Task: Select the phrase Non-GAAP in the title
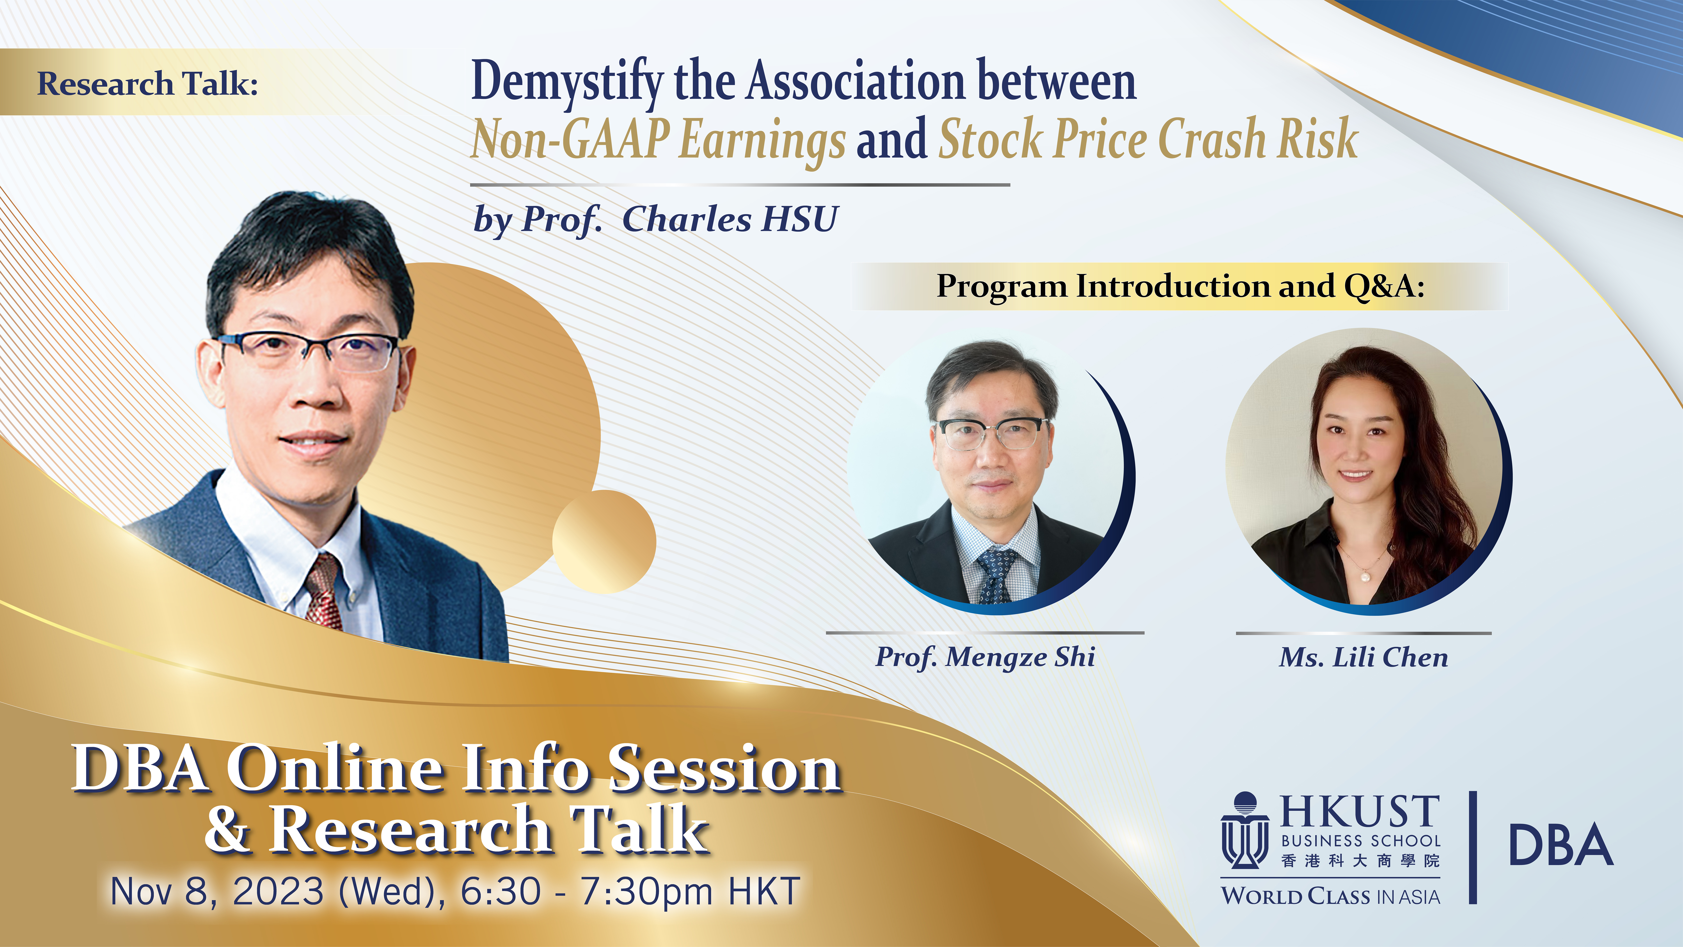click(570, 139)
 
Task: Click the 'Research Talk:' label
click(148, 84)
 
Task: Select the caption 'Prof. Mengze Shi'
click(985, 657)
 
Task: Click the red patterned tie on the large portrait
click(325, 592)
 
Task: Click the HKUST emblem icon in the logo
click(1245, 830)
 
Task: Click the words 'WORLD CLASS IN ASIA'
click(1331, 895)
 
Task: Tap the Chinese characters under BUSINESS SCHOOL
click(1360, 861)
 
